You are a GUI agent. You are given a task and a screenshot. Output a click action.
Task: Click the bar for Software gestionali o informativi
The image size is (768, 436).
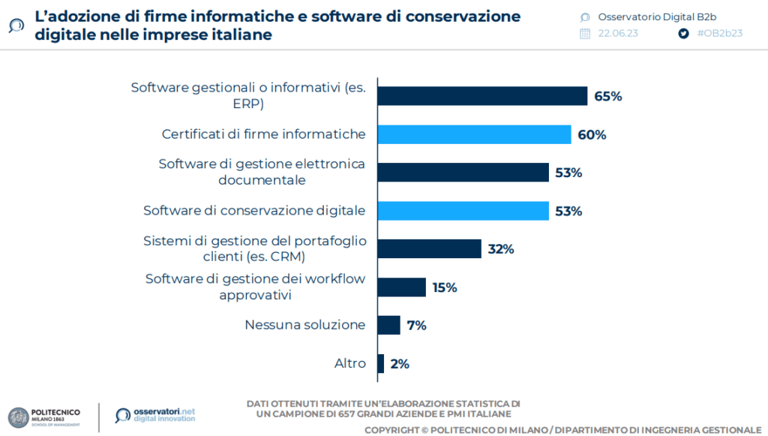click(481, 96)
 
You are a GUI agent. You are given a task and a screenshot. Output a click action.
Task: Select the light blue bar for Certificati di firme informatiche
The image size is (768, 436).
click(474, 134)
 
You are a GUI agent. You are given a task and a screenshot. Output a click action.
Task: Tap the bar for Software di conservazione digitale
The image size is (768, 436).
click(463, 211)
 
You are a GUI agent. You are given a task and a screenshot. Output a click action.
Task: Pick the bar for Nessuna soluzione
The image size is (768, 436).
click(388, 325)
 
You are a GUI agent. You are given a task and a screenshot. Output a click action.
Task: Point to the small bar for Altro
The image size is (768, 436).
click(381, 363)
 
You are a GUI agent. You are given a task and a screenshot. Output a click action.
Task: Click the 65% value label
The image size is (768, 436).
click(608, 96)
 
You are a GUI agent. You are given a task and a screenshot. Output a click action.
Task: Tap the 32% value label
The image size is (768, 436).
click(501, 249)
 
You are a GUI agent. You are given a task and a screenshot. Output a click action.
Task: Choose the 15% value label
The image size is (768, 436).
click(445, 287)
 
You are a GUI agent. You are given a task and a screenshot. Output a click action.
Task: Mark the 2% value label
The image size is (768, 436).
click(400, 364)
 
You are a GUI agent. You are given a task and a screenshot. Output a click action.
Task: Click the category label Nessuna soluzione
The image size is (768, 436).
click(305, 325)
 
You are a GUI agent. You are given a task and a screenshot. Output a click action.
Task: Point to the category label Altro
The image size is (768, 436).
click(350, 363)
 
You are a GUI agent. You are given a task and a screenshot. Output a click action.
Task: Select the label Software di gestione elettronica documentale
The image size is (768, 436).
click(262, 172)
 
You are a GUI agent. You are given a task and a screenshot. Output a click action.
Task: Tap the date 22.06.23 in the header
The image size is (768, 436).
click(619, 34)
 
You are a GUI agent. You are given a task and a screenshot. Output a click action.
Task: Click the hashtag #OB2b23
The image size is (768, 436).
click(719, 34)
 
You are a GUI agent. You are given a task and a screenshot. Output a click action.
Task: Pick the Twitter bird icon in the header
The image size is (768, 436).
click(683, 34)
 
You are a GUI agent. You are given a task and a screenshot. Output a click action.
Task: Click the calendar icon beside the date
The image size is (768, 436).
click(586, 34)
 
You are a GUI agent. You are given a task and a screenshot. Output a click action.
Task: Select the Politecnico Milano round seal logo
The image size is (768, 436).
click(18, 418)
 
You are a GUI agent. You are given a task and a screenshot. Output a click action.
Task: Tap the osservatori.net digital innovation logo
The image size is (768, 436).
click(155, 414)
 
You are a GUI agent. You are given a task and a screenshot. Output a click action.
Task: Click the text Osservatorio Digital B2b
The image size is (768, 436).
click(646, 17)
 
